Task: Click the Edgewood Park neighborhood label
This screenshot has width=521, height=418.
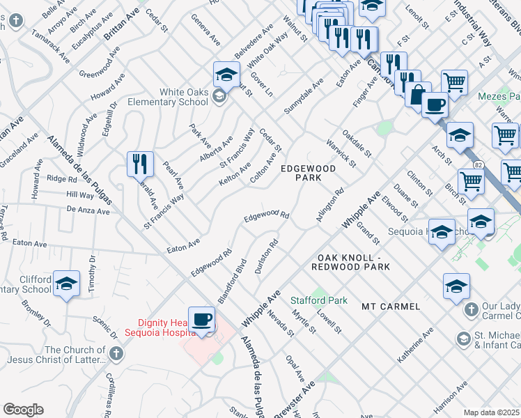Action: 308,173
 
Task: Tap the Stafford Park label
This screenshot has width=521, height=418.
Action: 319,300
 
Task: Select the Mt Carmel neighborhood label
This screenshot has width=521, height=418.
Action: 391,307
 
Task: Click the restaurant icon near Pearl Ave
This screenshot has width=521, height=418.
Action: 140,164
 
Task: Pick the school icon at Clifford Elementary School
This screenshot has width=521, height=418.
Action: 66,283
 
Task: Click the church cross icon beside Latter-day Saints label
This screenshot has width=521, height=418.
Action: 116,354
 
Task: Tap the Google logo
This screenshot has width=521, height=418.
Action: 23,410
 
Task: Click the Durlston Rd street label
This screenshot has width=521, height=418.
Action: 267,257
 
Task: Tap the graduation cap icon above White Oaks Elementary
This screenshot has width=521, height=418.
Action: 226,74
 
